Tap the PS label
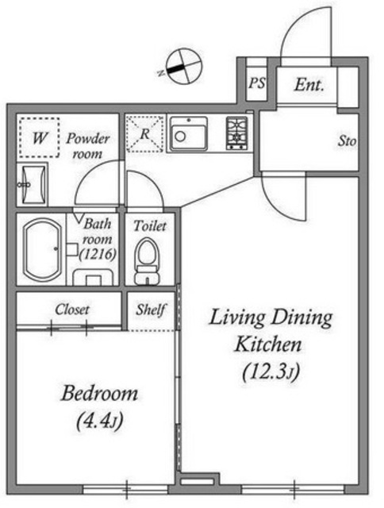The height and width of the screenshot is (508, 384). [x=257, y=83]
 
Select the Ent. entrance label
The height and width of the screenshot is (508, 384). [x=309, y=85]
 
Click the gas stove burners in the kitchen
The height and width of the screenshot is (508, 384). [x=236, y=133]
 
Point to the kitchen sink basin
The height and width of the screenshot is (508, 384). [x=189, y=134]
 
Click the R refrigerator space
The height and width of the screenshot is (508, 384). [x=144, y=133]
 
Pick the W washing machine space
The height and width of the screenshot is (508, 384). [x=39, y=137]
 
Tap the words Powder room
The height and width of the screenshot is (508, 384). [x=88, y=146]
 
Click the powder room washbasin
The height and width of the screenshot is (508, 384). [x=32, y=185]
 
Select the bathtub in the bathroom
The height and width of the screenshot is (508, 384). [x=42, y=250]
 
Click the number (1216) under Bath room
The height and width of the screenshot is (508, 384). [x=98, y=254]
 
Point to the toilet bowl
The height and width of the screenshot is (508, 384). [x=148, y=261]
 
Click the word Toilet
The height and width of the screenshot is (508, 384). [x=150, y=225]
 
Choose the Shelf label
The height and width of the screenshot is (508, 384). [x=151, y=310]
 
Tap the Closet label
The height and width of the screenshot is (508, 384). [x=72, y=310]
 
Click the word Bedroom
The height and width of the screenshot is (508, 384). [x=100, y=393]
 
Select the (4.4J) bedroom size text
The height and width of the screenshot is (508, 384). [x=100, y=421]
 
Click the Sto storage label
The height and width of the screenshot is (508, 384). [x=347, y=141]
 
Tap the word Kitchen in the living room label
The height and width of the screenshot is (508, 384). [x=268, y=344]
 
